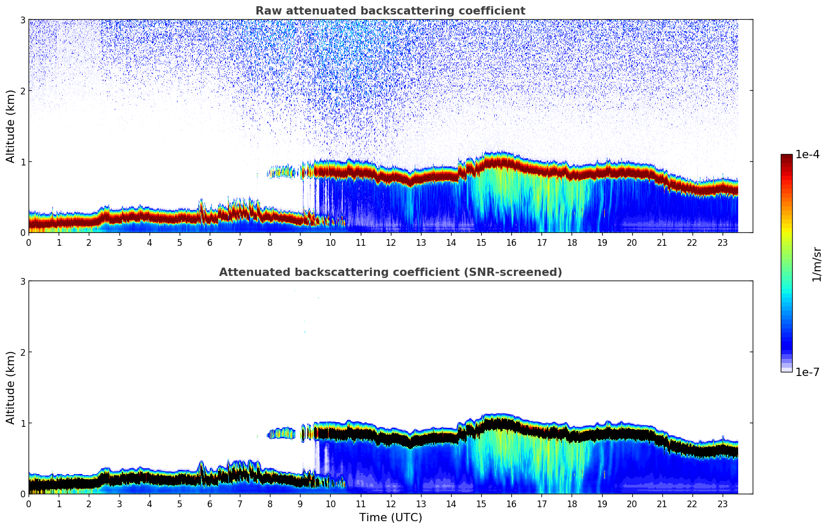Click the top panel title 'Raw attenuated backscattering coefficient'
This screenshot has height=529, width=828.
[x=390, y=11]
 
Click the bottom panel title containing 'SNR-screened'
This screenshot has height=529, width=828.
[x=390, y=272]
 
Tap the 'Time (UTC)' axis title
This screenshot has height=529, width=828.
[x=390, y=518]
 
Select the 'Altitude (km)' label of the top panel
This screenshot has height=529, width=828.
[x=11, y=126]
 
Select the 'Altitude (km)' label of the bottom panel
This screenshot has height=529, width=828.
[x=11, y=387]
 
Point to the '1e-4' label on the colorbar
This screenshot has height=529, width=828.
[x=807, y=155]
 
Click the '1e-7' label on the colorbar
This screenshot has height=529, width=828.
[x=807, y=372]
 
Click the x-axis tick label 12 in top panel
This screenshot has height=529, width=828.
[x=390, y=242]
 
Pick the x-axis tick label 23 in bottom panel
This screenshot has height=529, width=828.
[x=723, y=504]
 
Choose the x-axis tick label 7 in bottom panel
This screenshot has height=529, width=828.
[x=240, y=504]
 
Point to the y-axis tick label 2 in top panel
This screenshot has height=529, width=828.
[x=22, y=91]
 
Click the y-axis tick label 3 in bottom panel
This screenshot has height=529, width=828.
[x=22, y=281]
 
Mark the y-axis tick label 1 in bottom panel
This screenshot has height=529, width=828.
[x=22, y=423]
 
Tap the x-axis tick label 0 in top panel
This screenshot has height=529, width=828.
[x=29, y=242]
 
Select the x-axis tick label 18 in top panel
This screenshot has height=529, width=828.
[x=572, y=242]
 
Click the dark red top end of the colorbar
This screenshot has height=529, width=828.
[x=786, y=156]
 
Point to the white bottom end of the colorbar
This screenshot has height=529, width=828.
[x=786, y=370]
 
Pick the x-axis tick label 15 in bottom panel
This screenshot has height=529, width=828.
[x=481, y=504]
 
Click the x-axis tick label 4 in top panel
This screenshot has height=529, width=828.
[x=150, y=242]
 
